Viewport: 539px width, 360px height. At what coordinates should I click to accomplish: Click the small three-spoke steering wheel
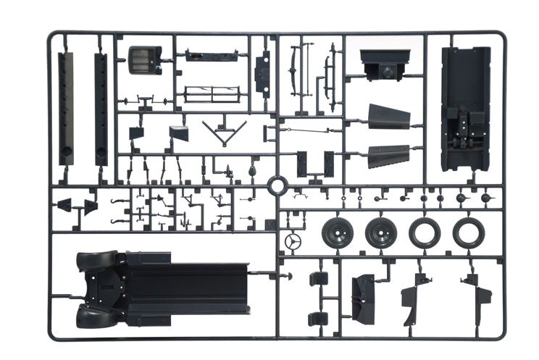click(x=293, y=242)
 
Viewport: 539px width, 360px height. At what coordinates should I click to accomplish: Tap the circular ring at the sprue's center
click(x=276, y=185)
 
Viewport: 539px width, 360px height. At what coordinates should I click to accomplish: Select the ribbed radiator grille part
click(x=144, y=60)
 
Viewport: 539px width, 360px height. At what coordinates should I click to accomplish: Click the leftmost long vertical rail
click(x=66, y=109)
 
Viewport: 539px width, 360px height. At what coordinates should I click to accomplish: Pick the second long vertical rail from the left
click(x=101, y=109)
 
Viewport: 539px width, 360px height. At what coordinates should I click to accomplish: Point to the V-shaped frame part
click(x=224, y=133)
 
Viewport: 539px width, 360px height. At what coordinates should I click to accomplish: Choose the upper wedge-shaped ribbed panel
click(x=389, y=117)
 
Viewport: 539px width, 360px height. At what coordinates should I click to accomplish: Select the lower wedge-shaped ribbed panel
click(x=389, y=155)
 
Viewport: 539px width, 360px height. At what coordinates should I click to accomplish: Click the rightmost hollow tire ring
click(x=469, y=233)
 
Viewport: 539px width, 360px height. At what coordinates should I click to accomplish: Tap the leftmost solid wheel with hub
click(x=337, y=233)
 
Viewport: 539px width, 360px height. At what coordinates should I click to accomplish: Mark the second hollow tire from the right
click(x=424, y=233)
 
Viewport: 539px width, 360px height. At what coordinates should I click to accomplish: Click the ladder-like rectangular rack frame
click(x=212, y=94)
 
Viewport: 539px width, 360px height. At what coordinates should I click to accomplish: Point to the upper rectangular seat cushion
click(x=318, y=279)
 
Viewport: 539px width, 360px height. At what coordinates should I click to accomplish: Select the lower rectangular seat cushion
click(x=317, y=318)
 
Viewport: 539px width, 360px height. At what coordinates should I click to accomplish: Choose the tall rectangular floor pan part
click(x=465, y=109)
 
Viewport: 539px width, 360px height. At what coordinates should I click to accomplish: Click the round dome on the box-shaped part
click(x=388, y=72)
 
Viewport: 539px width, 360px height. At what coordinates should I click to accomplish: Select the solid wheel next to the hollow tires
click(x=380, y=233)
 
